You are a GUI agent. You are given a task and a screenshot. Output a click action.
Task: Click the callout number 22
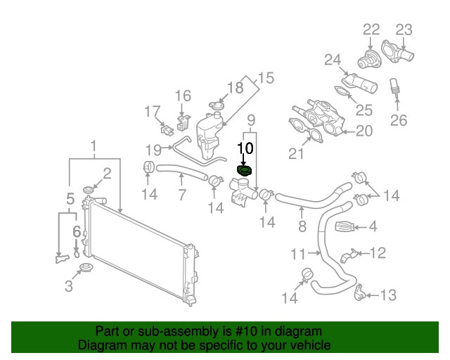click(371, 29)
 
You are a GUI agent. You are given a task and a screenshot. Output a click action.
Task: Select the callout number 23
click(403, 29)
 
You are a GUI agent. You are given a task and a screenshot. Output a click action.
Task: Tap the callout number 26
click(399, 120)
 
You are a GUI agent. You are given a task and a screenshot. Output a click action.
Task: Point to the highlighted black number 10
click(245, 148)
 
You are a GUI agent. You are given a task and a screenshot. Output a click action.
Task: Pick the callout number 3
click(68, 286)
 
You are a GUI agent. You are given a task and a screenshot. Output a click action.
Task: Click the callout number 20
click(364, 130)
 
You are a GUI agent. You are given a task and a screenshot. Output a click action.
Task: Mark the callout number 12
click(378, 252)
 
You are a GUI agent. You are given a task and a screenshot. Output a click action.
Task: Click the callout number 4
click(373, 226)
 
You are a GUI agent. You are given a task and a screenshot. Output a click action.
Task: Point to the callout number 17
click(153, 111)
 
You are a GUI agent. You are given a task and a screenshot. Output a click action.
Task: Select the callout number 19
click(154, 148)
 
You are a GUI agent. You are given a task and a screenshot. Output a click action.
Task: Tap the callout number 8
click(302, 226)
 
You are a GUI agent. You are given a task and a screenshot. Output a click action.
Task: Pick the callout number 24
click(333, 60)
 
